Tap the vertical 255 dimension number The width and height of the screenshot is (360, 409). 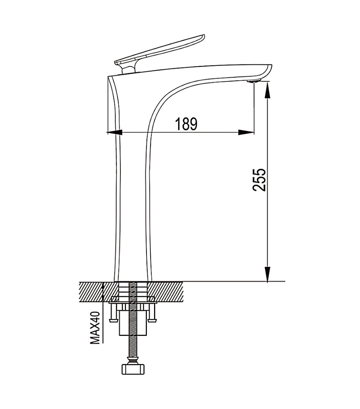click(x=259, y=180)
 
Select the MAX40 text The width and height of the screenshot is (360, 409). click(x=95, y=328)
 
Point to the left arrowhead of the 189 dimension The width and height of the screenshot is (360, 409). click(x=115, y=133)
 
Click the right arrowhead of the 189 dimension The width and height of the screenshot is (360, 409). click(x=246, y=133)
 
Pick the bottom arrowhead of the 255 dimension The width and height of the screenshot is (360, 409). click(x=268, y=274)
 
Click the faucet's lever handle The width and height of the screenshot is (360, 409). click(x=159, y=50)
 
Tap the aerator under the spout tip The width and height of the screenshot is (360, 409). click(x=254, y=81)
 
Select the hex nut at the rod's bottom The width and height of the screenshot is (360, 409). click(x=133, y=369)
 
